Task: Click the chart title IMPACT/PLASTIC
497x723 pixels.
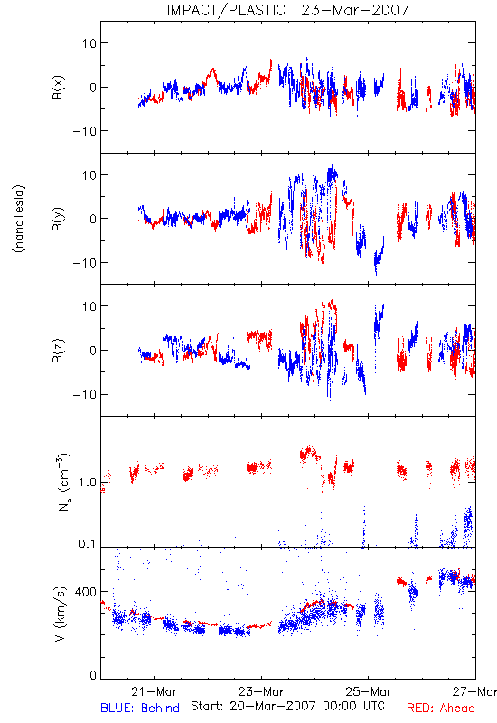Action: click(x=226, y=10)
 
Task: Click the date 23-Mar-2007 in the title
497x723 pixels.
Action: click(x=355, y=10)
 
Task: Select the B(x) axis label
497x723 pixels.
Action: click(x=58, y=87)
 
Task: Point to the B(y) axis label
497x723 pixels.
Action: click(x=58, y=219)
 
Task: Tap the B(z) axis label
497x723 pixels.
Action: click(x=58, y=351)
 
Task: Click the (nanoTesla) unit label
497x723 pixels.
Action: click(x=19, y=219)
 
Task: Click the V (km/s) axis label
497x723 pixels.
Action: click(x=60, y=614)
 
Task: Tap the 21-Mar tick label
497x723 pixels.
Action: click(x=154, y=691)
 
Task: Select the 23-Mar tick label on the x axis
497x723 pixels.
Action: click(x=261, y=691)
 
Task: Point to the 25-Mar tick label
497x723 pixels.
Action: click(x=369, y=691)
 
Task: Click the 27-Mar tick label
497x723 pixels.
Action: click(x=474, y=691)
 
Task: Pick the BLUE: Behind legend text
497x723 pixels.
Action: click(x=140, y=708)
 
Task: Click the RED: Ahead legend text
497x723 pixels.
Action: click(x=440, y=708)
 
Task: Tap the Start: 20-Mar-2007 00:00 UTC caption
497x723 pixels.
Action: click(x=287, y=706)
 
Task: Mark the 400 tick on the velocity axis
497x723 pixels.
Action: click(x=86, y=591)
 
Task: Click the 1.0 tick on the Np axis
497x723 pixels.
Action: click(x=88, y=483)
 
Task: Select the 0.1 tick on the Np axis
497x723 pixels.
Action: click(x=88, y=544)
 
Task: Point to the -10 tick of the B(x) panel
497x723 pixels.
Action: click(x=84, y=131)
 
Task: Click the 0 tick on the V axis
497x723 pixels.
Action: click(x=93, y=675)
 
